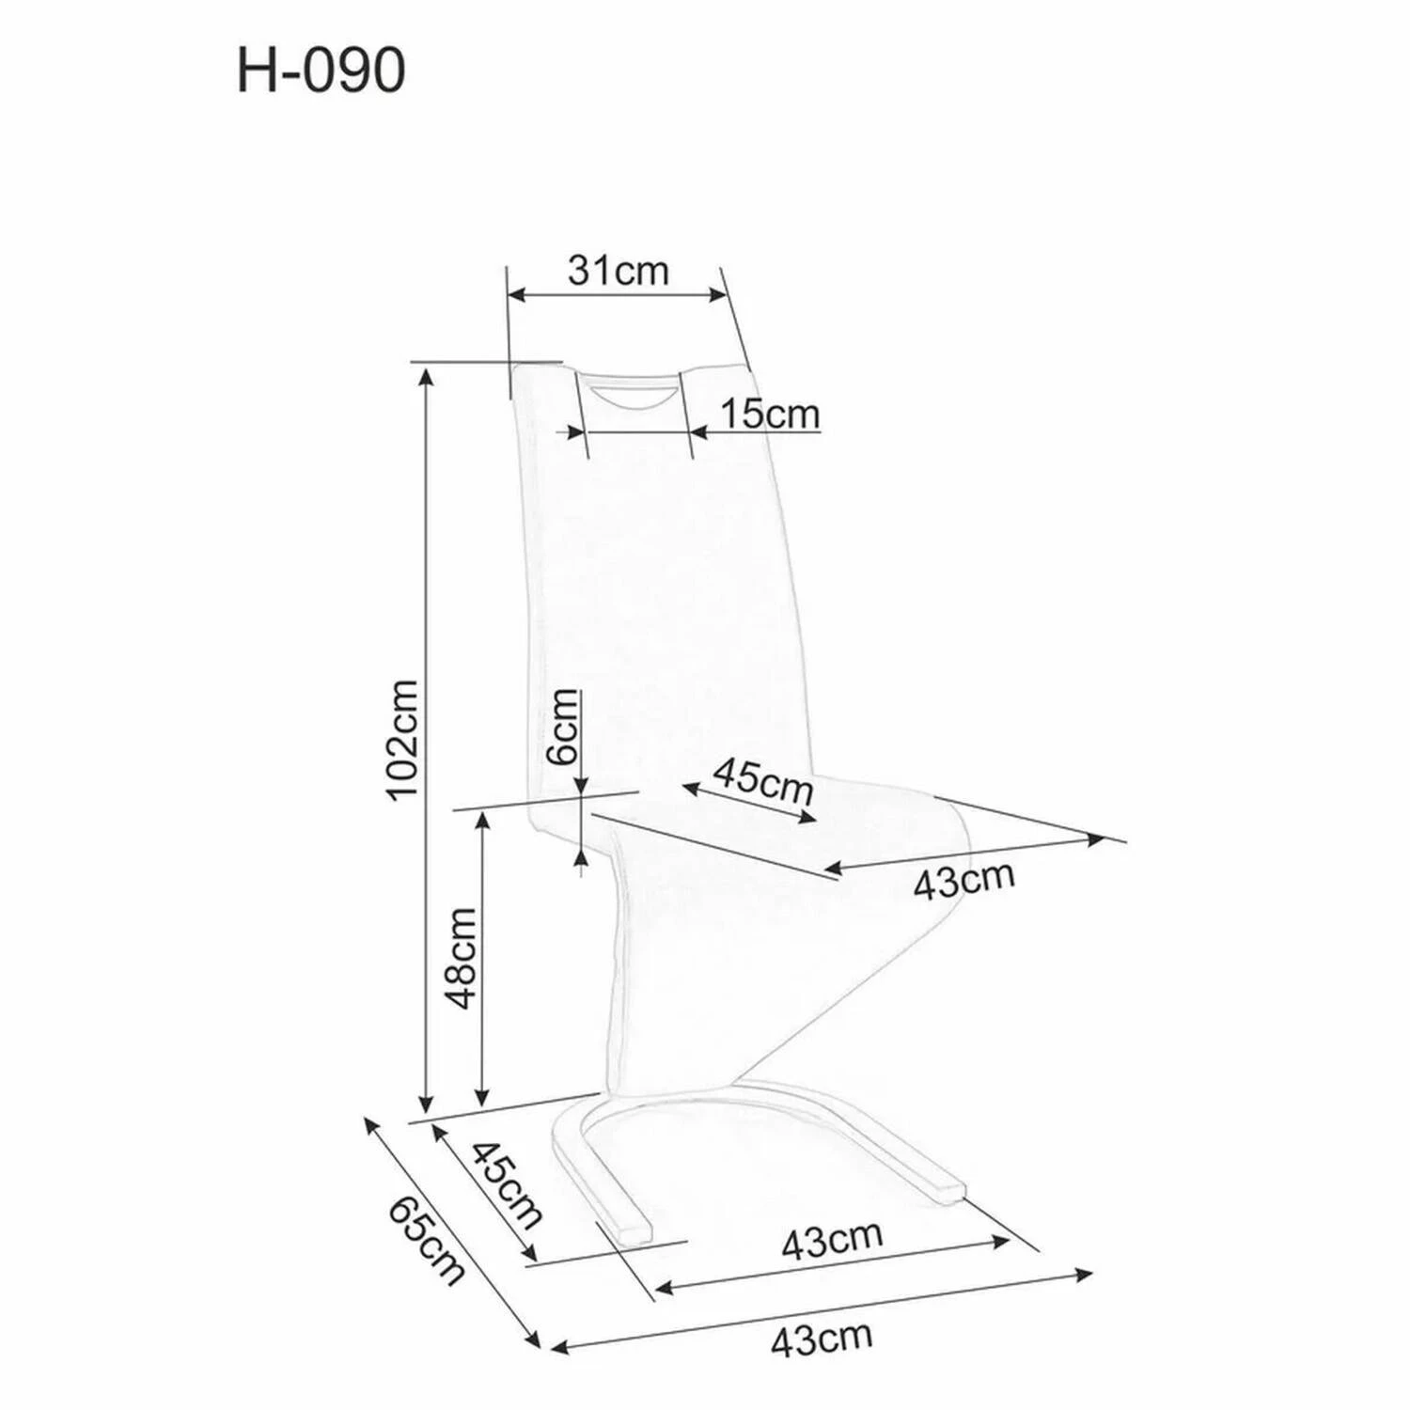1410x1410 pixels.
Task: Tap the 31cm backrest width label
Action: pyautogui.click(x=619, y=271)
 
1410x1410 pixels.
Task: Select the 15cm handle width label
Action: pyautogui.click(x=770, y=414)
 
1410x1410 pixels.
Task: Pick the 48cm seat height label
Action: pyautogui.click(x=462, y=958)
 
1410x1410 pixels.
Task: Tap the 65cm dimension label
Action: pyautogui.click(x=426, y=1240)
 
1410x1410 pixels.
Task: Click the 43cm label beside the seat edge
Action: pyautogui.click(x=964, y=880)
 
